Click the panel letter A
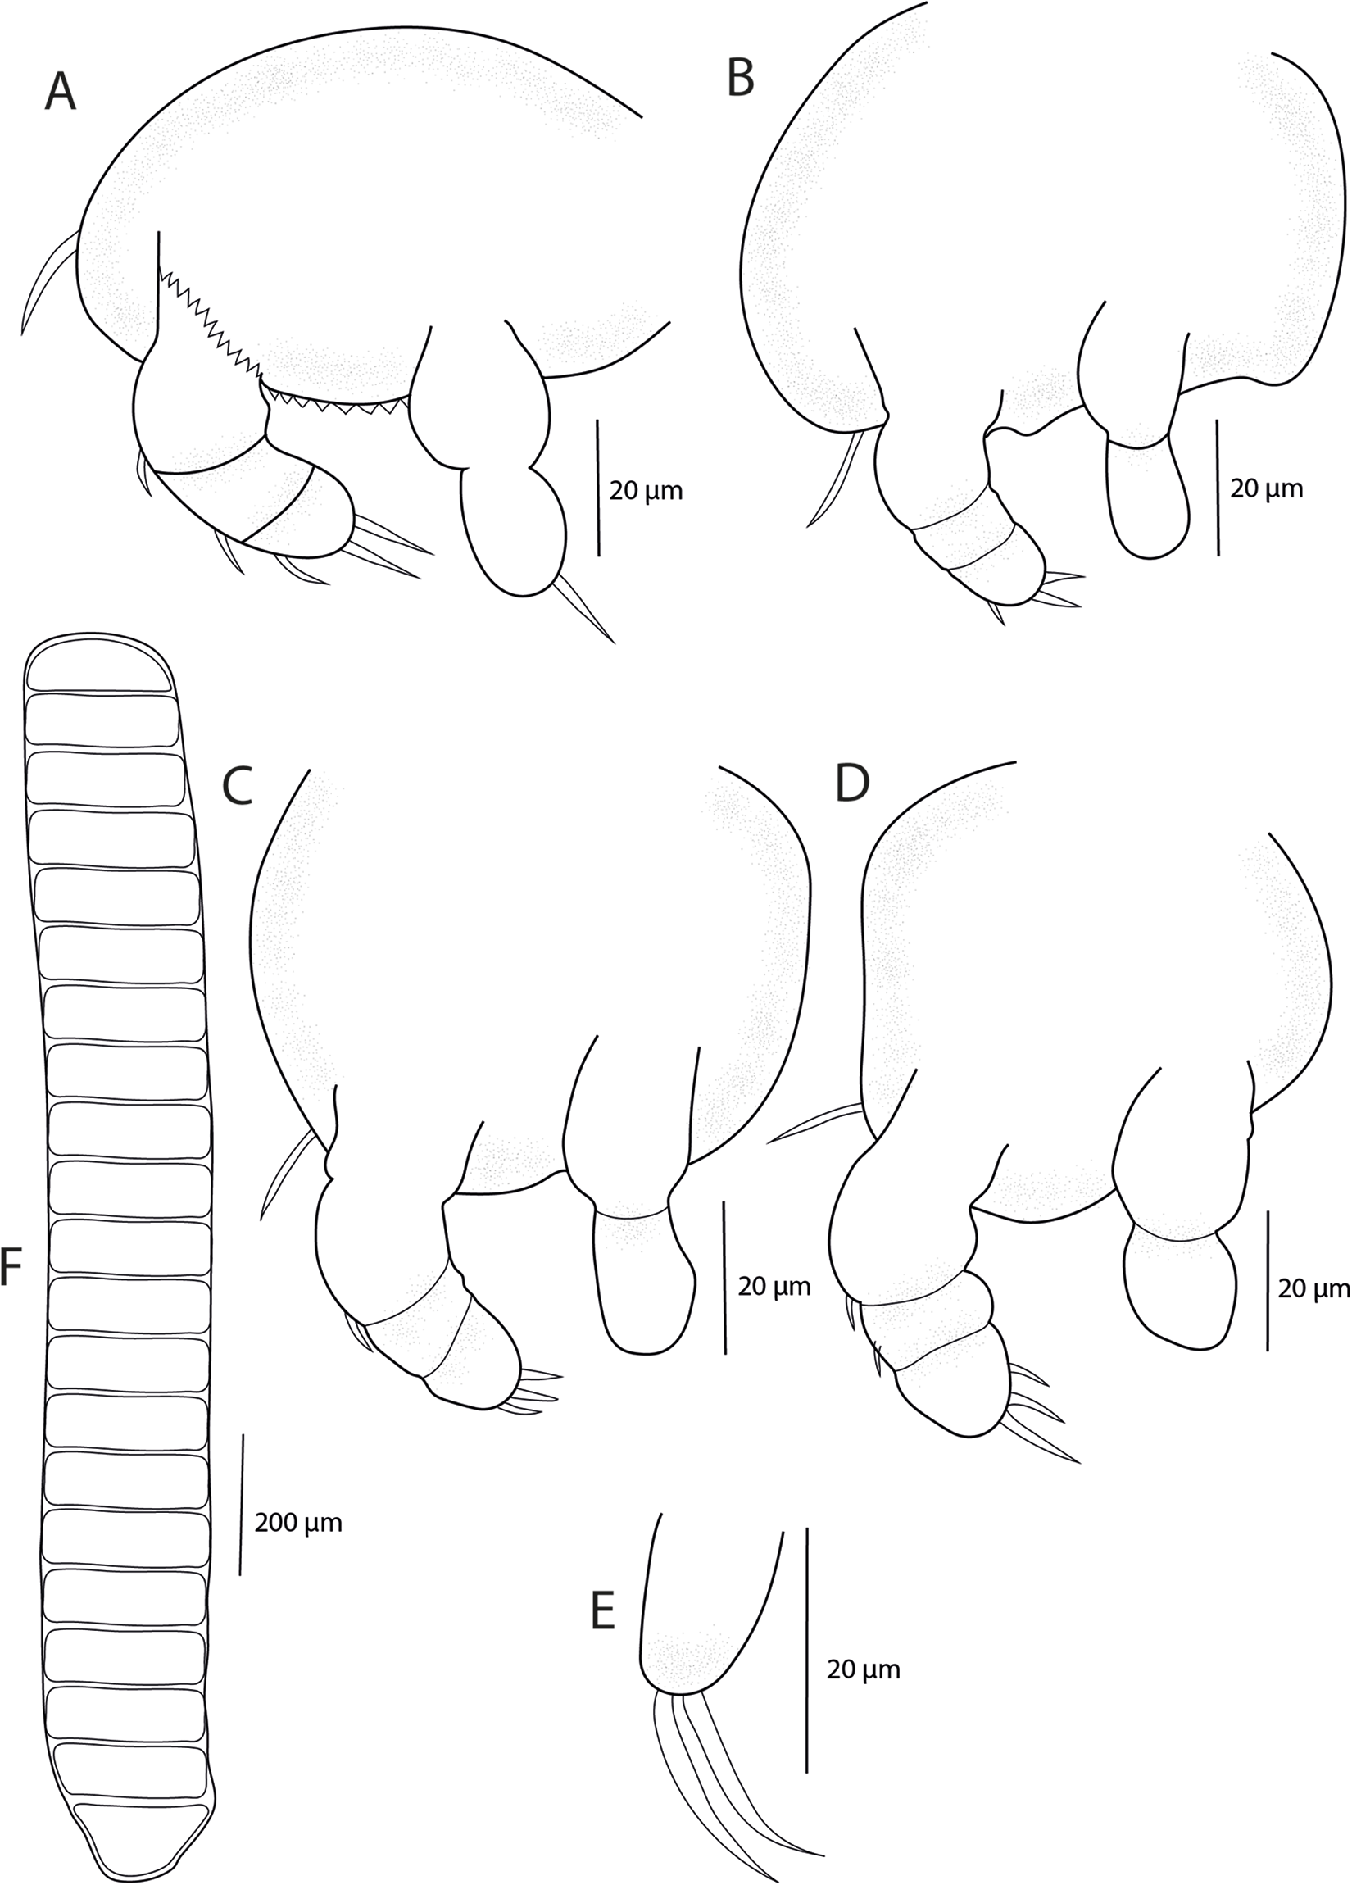60,92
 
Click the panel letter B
741,79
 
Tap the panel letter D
851,784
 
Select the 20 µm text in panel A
646,491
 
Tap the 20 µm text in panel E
864,1669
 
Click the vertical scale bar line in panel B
1218,487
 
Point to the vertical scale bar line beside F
242,1505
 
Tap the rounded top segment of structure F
100,669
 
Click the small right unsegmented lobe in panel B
1150,498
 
